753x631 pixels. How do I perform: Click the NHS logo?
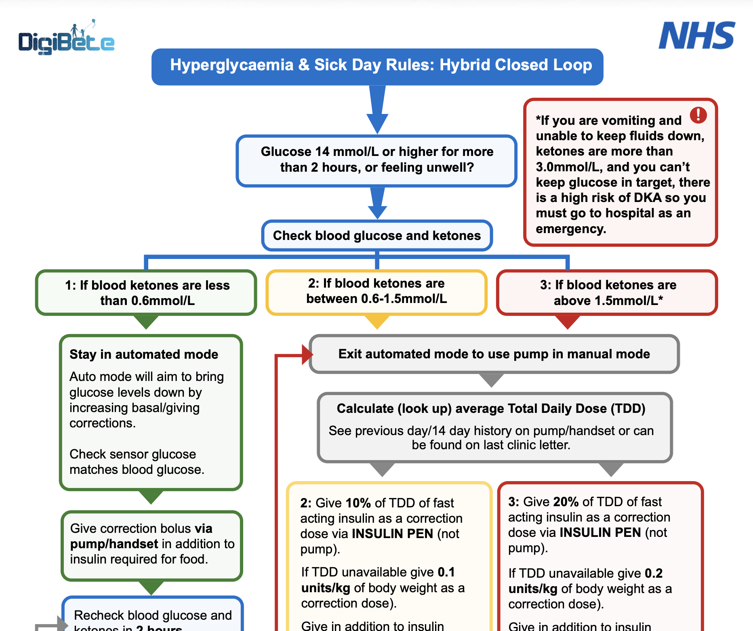click(696, 36)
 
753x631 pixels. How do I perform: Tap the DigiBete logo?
click(67, 39)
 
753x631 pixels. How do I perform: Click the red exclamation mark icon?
click(698, 115)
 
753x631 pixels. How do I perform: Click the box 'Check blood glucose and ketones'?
click(377, 236)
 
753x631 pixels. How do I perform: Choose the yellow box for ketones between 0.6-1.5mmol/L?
click(376, 292)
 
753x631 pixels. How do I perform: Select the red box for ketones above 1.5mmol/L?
click(608, 292)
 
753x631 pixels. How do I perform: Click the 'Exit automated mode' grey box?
click(494, 354)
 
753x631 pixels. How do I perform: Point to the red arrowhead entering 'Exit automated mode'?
click(307, 355)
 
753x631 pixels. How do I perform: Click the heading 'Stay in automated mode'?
click(144, 354)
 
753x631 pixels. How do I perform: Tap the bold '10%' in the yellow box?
click(358, 503)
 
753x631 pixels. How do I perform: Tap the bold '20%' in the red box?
click(566, 502)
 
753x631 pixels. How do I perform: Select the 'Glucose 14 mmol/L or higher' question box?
click(377, 160)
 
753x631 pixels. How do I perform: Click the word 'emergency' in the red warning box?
click(570, 229)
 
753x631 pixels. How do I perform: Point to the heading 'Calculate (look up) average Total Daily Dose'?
click(491, 408)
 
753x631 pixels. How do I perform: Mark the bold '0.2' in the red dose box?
click(653, 573)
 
